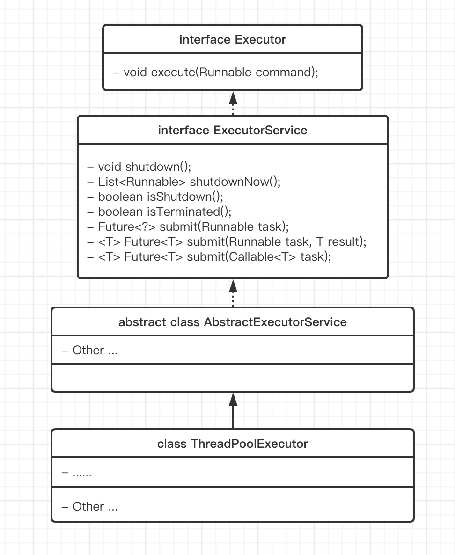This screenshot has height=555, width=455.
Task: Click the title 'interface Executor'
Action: point(232,39)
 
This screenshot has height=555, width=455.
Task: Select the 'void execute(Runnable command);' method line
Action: point(215,72)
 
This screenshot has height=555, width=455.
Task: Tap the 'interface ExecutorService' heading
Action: point(232,130)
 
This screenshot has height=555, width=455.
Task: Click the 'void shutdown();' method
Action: point(139,167)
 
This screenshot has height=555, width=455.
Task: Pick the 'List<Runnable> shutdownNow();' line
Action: point(184,182)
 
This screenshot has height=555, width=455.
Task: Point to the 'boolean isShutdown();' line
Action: point(155,197)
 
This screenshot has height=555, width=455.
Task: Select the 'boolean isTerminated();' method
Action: point(159,212)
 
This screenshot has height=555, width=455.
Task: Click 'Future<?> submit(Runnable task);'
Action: point(188,226)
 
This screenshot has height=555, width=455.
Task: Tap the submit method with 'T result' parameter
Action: point(227,241)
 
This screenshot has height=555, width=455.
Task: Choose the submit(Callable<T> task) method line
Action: point(209,256)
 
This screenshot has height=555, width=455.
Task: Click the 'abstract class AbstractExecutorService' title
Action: point(232,322)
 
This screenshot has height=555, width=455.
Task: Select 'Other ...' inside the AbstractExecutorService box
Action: point(89,350)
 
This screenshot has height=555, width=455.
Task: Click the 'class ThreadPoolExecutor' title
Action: point(232,444)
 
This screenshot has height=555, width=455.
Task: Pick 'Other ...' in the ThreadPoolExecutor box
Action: point(89,506)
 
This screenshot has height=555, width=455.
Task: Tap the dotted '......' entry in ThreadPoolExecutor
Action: point(76,473)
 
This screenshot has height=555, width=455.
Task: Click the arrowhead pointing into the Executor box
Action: point(233,98)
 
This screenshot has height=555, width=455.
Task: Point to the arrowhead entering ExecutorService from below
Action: point(233,286)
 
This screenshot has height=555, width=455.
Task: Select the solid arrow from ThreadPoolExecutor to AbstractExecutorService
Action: point(233,410)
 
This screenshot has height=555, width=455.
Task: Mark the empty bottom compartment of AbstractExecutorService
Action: point(233,377)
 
